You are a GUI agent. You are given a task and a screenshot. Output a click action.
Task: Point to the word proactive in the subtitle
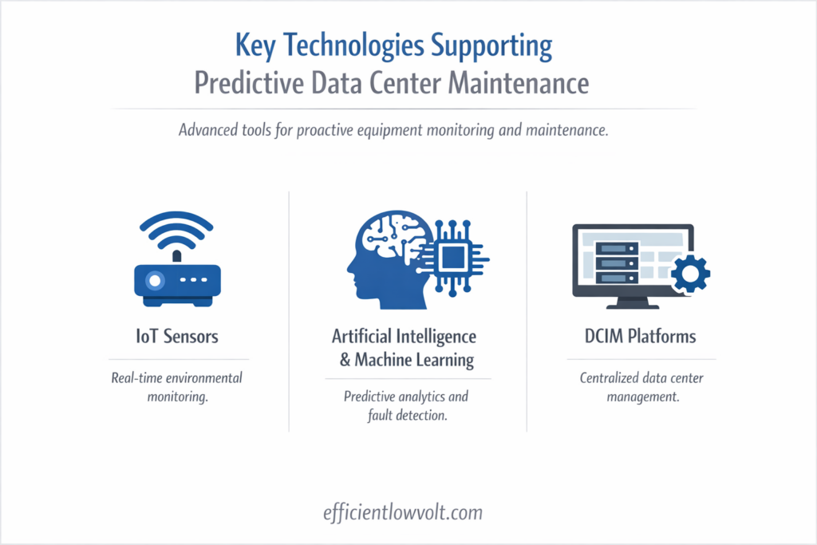coord(335,130)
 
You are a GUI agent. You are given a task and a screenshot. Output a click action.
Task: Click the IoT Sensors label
coord(176,336)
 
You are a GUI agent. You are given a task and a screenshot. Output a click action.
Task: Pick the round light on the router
coord(153,280)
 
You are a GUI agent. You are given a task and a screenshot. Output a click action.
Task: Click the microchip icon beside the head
coord(454,258)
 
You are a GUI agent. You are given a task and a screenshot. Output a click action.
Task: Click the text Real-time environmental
coord(176,377)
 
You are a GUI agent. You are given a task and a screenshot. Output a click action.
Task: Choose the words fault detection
coord(406,415)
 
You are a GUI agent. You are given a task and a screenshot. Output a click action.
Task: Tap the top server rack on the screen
coord(618,248)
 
